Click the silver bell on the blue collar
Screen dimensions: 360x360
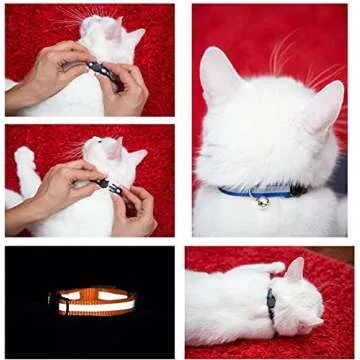[262, 201]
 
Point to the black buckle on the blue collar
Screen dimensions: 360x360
[298, 189]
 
